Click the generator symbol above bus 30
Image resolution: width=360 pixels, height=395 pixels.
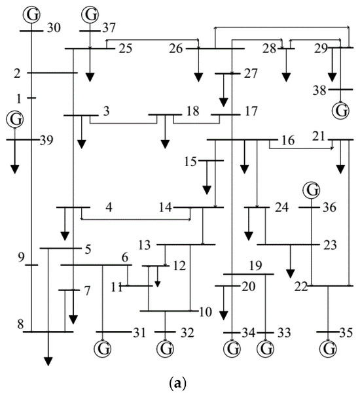tap(31, 14)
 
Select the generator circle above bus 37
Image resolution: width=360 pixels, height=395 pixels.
tap(90, 14)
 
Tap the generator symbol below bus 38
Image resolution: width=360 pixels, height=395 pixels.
tap(340, 111)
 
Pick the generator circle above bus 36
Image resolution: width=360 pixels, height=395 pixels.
tap(312, 190)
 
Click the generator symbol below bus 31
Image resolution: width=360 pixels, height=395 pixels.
tap(103, 349)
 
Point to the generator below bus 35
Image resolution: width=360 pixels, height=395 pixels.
tap(328, 349)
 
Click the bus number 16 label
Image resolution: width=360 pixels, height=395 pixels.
tap(288, 141)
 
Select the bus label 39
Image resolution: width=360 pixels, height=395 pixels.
tap(46, 141)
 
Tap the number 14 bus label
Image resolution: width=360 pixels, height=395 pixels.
tap(166, 207)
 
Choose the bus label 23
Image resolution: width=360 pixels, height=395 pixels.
tap(330, 245)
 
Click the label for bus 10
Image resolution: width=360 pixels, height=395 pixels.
tap(206, 312)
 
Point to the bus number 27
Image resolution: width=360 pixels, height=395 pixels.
tap(251, 73)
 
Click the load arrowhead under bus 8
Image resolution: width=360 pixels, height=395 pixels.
tap(48, 362)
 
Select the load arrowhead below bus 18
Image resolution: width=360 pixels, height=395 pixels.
tap(165, 145)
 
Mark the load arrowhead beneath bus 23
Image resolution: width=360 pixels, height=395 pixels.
tap(291, 273)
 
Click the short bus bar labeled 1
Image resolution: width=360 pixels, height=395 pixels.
tap(32, 97)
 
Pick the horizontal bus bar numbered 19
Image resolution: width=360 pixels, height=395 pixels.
tap(249, 274)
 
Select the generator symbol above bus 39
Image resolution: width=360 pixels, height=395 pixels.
tap(15, 119)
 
